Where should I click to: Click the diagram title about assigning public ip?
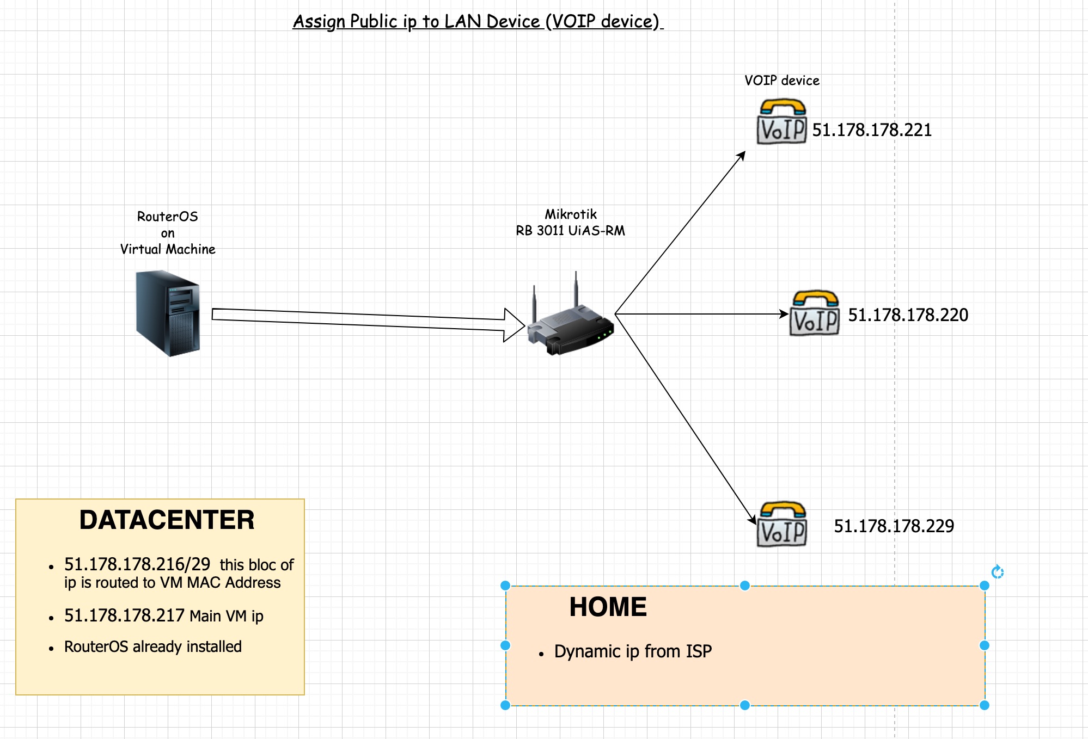coord(478,21)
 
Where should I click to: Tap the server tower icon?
coord(168,313)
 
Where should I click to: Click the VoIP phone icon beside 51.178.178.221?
coord(781,122)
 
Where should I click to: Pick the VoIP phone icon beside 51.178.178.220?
coord(815,313)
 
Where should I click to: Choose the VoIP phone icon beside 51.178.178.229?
coord(782,525)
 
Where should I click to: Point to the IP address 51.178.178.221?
coord(872,130)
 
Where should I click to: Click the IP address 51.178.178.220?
coord(908,315)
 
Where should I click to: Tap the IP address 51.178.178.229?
coord(894,526)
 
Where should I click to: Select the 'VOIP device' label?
coord(781,81)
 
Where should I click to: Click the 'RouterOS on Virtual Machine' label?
coord(168,233)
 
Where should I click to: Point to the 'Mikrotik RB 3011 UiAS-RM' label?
coord(571,223)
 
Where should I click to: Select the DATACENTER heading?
coord(167,520)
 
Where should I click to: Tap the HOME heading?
coord(608,607)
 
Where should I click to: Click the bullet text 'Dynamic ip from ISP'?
coord(633,651)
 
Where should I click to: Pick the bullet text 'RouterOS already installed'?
coord(153,646)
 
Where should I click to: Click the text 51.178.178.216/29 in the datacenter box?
coord(137,564)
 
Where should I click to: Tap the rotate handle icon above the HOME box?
coord(998,572)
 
